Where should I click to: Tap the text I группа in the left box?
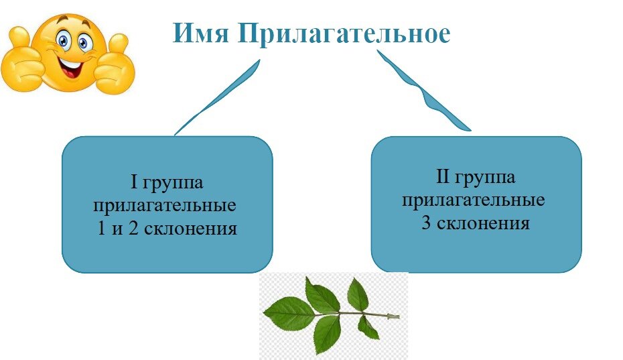point(166,182)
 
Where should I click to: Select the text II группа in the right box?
point(476,178)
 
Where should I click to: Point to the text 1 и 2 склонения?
point(166,228)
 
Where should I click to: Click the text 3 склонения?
point(476,223)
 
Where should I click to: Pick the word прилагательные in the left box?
point(166,205)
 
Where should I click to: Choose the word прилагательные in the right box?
point(476,200)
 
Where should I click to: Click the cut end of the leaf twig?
point(397,316)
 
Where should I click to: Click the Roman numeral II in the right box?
point(443,178)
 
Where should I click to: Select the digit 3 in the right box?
point(427,224)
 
